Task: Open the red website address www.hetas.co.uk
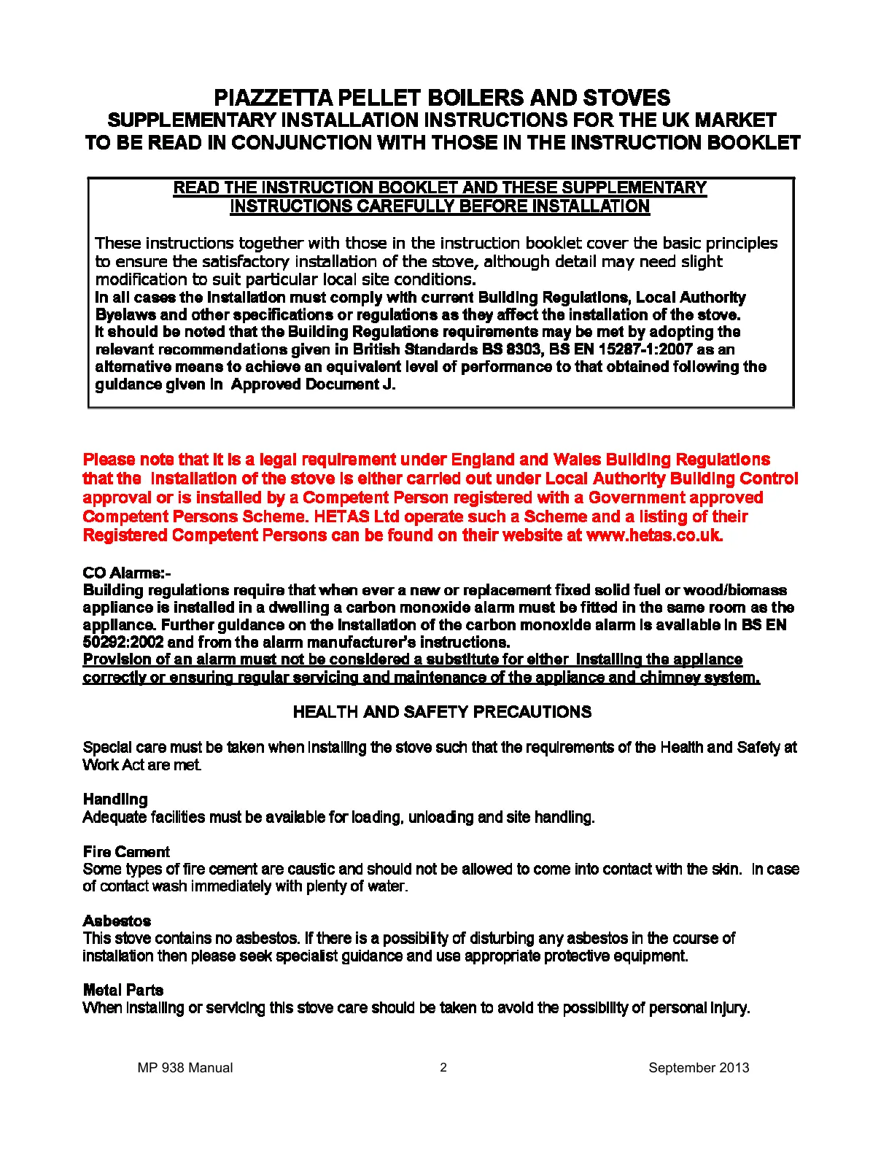click(x=654, y=535)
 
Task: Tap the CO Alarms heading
click(x=126, y=573)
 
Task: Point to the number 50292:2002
click(x=123, y=643)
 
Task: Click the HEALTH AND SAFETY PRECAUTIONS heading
click(x=442, y=712)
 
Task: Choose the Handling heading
click(x=115, y=799)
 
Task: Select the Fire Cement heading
click(x=126, y=852)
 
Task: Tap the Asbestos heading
click(x=117, y=921)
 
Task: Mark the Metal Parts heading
click(x=123, y=990)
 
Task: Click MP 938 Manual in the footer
click(x=185, y=1068)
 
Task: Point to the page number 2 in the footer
click(x=443, y=1068)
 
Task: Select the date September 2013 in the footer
click(x=699, y=1068)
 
